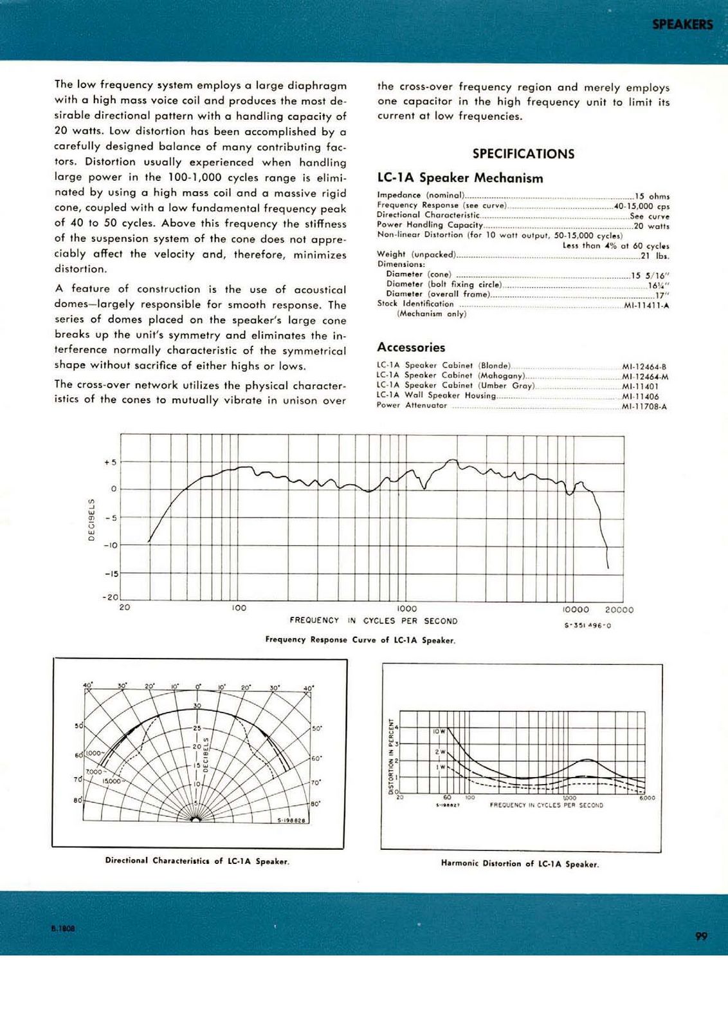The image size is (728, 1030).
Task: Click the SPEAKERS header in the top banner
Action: (682, 24)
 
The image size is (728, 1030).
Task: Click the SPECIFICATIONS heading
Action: (523, 154)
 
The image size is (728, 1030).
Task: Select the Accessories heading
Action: (411, 348)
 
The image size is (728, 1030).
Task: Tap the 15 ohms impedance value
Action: (651, 196)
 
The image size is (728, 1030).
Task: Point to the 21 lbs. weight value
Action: (655, 255)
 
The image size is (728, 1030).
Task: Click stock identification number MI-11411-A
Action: (646, 305)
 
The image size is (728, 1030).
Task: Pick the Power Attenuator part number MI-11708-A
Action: (644, 406)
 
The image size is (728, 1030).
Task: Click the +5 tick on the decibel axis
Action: (110, 462)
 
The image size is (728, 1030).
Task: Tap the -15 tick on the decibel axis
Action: (110, 574)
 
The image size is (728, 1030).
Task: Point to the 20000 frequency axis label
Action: (619, 610)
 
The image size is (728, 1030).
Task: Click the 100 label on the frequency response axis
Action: (239, 608)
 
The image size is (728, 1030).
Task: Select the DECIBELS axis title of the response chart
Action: (91, 520)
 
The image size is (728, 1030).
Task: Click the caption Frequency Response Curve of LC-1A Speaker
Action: (360, 640)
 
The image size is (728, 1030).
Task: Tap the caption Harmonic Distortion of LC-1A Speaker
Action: (520, 864)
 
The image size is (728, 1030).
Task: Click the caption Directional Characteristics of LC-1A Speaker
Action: (197, 861)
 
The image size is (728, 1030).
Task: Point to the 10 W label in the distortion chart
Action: (439, 732)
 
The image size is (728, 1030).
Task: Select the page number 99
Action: (702, 936)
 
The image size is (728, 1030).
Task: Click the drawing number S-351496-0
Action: (587, 626)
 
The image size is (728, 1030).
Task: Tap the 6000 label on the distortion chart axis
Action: (647, 798)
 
